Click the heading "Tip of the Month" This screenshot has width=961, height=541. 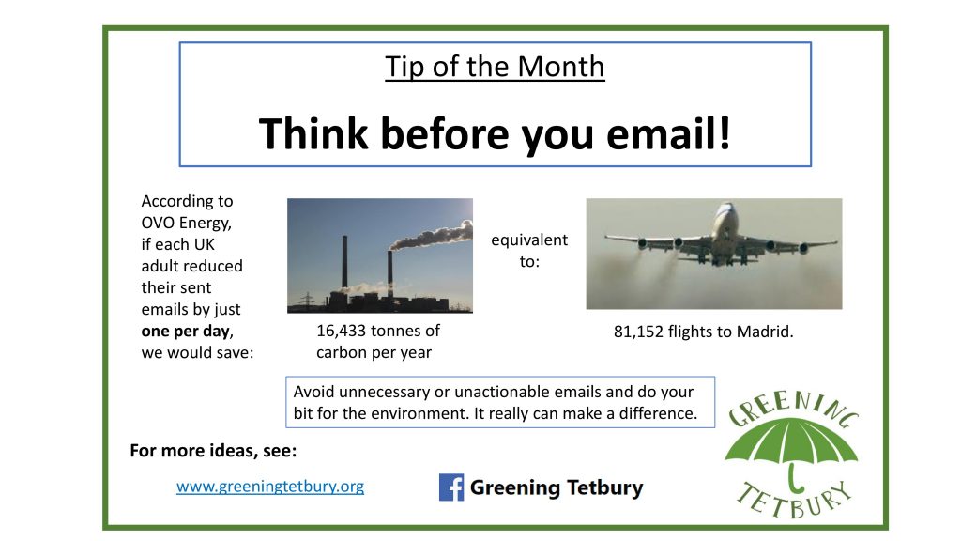495,67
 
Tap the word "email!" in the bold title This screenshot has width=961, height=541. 668,133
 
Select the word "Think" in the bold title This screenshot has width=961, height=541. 313,133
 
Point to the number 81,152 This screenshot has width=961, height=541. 638,332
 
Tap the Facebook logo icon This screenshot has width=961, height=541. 451,487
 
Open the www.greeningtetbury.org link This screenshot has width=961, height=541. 270,487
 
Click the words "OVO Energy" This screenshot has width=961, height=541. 186,223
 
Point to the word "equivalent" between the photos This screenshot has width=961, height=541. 529,240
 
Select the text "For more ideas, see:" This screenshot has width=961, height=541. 213,451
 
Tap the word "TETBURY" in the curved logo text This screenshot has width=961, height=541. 795,499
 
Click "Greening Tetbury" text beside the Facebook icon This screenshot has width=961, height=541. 557,487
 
